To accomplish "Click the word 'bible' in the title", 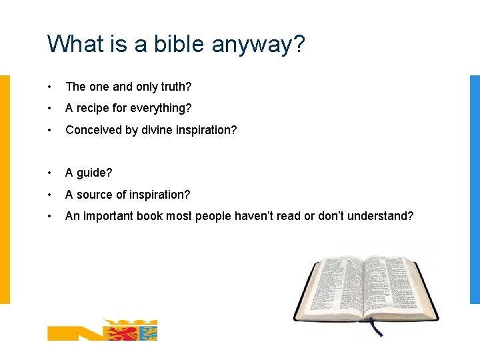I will point(179,44).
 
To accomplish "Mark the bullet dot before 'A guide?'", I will point(50,173).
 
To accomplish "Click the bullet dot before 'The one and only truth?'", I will point(50,87).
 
